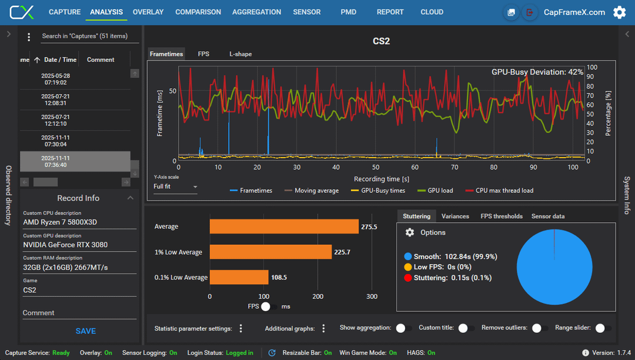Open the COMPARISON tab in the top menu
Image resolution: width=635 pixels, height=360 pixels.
(x=198, y=12)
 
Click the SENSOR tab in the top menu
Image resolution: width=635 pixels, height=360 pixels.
(x=306, y=12)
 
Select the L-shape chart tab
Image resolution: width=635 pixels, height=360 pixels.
(x=240, y=54)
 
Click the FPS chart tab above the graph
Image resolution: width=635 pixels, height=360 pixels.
(x=203, y=54)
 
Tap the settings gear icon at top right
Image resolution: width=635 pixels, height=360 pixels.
(x=619, y=12)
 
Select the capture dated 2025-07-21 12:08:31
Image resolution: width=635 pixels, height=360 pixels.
(x=55, y=99)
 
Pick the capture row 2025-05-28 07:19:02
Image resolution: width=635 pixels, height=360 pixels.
(x=55, y=79)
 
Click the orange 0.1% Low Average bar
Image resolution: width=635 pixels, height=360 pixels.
(x=239, y=278)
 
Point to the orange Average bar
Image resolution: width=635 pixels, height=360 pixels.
(x=284, y=227)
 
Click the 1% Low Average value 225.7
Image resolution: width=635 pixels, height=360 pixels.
(x=342, y=252)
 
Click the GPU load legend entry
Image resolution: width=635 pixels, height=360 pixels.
(x=435, y=191)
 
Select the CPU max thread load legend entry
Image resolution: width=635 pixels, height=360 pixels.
(x=499, y=191)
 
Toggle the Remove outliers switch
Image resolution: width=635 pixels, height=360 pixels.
(x=540, y=328)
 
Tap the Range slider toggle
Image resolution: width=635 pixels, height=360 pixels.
(x=603, y=328)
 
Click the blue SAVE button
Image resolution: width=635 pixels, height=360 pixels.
(x=85, y=331)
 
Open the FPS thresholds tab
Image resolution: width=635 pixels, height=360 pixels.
(x=502, y=216)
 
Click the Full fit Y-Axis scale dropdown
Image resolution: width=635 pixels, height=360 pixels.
(x=175, y=186)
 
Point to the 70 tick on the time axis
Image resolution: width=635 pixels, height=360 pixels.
(x=454, y=167)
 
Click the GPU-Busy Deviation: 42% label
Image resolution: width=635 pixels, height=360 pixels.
(x=537, y=72)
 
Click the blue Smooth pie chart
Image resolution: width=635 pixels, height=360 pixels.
(x=554, y=267)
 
